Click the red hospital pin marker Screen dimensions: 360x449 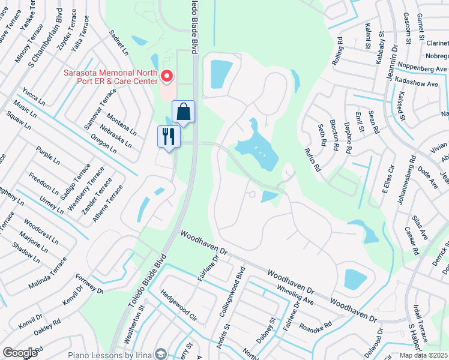(x=167, y=77)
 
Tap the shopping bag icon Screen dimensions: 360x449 (x=183, y=112)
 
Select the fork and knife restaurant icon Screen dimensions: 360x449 (x=169, y=136)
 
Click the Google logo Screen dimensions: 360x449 (x=20, y=353)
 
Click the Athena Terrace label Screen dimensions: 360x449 (x=108, y=203)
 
